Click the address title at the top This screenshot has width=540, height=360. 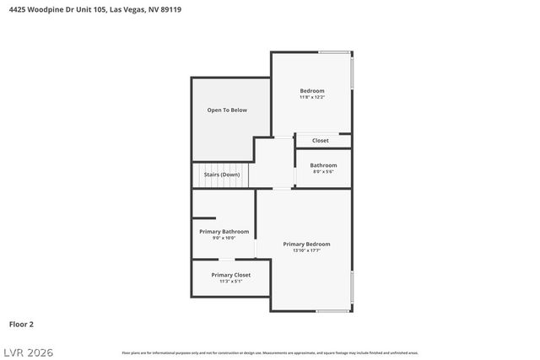(x=95, y=9)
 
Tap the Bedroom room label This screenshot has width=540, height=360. (x=312, y=90)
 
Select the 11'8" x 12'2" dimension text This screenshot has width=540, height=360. (x=312, y=97)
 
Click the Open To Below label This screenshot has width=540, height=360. (x=228, y=110)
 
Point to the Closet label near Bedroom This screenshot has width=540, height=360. (x=321, y=140)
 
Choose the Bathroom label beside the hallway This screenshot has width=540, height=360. (x=323, y=164)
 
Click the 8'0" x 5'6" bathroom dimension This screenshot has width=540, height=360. (x=323, y=171)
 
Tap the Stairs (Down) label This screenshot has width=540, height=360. (x=222, y=174)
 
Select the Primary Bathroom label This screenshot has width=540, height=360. (x=224, y=231)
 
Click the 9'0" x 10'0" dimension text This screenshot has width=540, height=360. (x=224, y=238)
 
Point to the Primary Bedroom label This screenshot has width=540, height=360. (x=306, y=244)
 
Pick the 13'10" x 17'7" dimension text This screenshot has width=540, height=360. (x=306, y=250)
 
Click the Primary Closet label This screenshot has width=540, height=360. (x=230, y=274)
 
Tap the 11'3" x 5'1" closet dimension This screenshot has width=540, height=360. (x=230, y=281)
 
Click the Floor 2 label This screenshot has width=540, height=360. (x=21, y=324)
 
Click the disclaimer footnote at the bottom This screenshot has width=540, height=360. (x=270, y=352)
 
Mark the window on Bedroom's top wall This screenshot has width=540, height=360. (x=334, y=52)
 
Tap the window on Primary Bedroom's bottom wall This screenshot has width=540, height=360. (x=333, y=311)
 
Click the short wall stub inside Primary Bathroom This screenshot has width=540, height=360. (x=204, y=218)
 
